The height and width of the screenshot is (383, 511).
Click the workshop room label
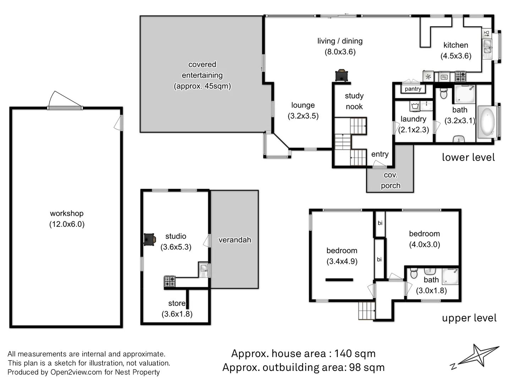click(67, 213)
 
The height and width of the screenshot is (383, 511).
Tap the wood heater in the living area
click(342, 76)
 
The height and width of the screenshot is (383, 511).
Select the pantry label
click(413, 89)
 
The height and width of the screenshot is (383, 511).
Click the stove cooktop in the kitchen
click(461, 76)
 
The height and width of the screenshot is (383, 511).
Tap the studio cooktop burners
click(170, 282)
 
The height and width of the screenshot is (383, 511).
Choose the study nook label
click(354, 101)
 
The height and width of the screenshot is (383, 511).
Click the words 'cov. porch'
click(390, 180)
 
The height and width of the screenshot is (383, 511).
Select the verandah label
click(235, 240)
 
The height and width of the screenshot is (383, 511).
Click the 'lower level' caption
click(468, 157)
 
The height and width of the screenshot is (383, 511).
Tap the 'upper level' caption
click(469, 318)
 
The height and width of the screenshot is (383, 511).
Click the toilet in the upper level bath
click(414, 273)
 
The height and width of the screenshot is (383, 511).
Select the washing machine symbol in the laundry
click(415, 106)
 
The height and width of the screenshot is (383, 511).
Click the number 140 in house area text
click(345, 354)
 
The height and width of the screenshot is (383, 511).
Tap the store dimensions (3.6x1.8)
click(177, 314)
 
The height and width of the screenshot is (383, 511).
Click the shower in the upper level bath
click(450, 276)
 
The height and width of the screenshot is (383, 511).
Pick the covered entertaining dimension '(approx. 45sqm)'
click(202, 86)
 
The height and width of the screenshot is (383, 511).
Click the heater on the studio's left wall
click(149, 239)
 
